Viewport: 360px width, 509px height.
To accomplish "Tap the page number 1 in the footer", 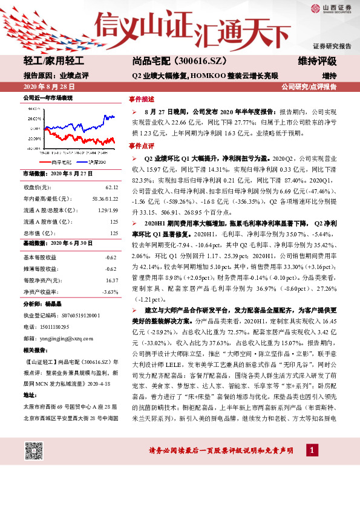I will (311, 450).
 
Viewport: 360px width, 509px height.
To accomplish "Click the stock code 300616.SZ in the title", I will (181, 62).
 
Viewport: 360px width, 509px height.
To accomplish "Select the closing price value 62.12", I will (111, 188).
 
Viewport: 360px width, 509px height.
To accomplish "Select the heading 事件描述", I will (141, 99).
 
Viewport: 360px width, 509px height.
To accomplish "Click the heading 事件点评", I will (141, 146).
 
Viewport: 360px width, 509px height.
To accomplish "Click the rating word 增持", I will (329, 76).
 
